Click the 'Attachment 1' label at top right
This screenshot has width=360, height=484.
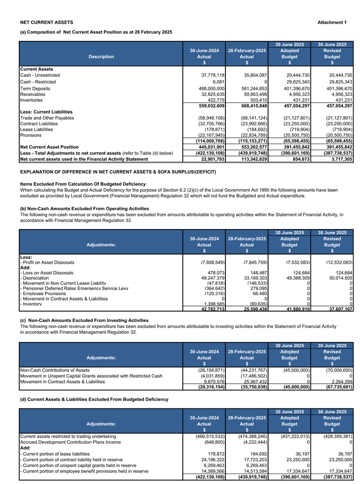tap(332, 22)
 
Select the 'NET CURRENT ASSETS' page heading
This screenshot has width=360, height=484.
tap(47, 22)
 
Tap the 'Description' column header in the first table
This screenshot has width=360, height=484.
tap(101, 57)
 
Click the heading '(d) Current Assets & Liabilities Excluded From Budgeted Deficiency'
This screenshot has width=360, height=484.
tap(94, 400)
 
